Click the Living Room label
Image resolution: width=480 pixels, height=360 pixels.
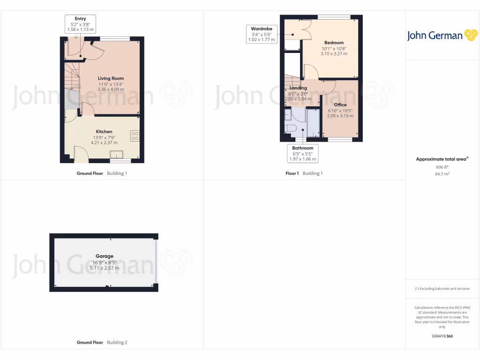pyautogui.click(x=111, y=78)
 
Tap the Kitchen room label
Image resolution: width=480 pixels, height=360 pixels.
pyautogui.click(x=104, y=132)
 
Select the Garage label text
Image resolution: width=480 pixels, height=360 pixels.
pyautogui.click(x=105, y=256)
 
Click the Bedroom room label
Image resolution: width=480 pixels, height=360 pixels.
pyautogui.click(x=334, y=43)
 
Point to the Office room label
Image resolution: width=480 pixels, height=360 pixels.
pyautogui.click(x=340, y=105)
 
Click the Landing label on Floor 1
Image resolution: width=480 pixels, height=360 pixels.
pyautogui.click(x=298, y=88)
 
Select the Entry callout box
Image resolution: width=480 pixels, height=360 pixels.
pyautogui.click(x=80, y=24)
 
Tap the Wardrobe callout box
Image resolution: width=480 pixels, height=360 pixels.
pyautogui.click(x=262, y=34)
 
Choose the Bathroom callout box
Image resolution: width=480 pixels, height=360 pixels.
pyautogui.click(x=302, y=154)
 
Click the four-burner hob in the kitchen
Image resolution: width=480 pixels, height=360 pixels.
pyautogui.click(x=135, y=136)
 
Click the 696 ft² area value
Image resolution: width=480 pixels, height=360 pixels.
pyautogui.click(x=442, y=167)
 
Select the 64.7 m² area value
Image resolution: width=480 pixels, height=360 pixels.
pyautogui.click(x=442, y=174)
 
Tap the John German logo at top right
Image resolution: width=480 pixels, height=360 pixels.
pyautogui.click(x=442, y=36)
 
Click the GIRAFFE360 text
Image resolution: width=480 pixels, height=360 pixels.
pyautogui.click(x=442, y=336)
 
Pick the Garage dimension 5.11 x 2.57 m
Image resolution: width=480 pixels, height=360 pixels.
pyautogui.click(x=105, y=268)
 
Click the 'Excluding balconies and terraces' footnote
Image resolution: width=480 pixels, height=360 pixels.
pyautogui.click(x=442, y=289)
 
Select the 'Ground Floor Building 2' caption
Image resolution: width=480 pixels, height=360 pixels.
pyautogui.click(x=102, y=343)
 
